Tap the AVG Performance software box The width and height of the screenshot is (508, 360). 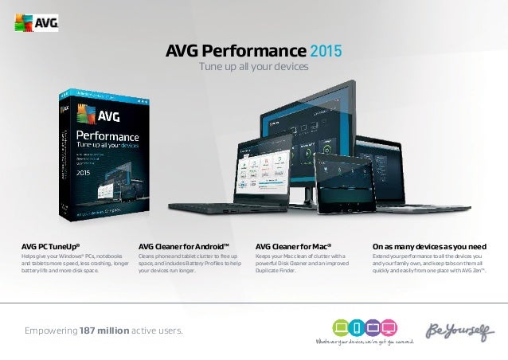click(100, 155)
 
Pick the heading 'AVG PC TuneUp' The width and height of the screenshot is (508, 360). click(50, 246)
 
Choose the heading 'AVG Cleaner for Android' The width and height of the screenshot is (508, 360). click(178, 246)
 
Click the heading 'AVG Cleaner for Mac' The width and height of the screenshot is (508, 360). click(293, 246)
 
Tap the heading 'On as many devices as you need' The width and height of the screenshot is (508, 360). click(429, 246)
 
